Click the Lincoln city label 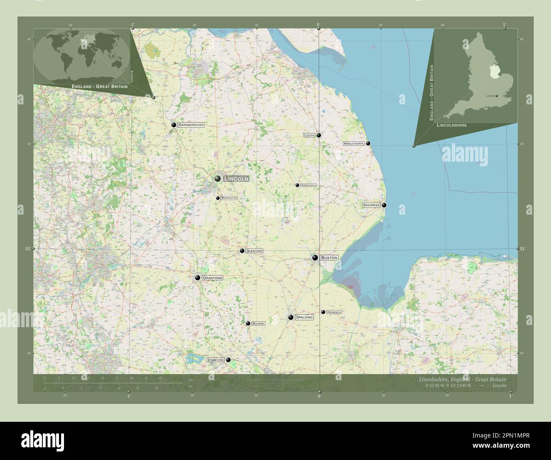236,179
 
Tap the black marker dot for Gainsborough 174,125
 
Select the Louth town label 309,135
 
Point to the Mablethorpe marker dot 368,143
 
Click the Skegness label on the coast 371,205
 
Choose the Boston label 329,258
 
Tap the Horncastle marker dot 297,185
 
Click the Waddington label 228,198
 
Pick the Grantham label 212,278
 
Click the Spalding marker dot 291,317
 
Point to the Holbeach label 334,312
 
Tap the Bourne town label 258,323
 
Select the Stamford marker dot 228,360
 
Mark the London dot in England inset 496,96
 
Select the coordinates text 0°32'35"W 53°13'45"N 449,386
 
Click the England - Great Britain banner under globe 100,86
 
